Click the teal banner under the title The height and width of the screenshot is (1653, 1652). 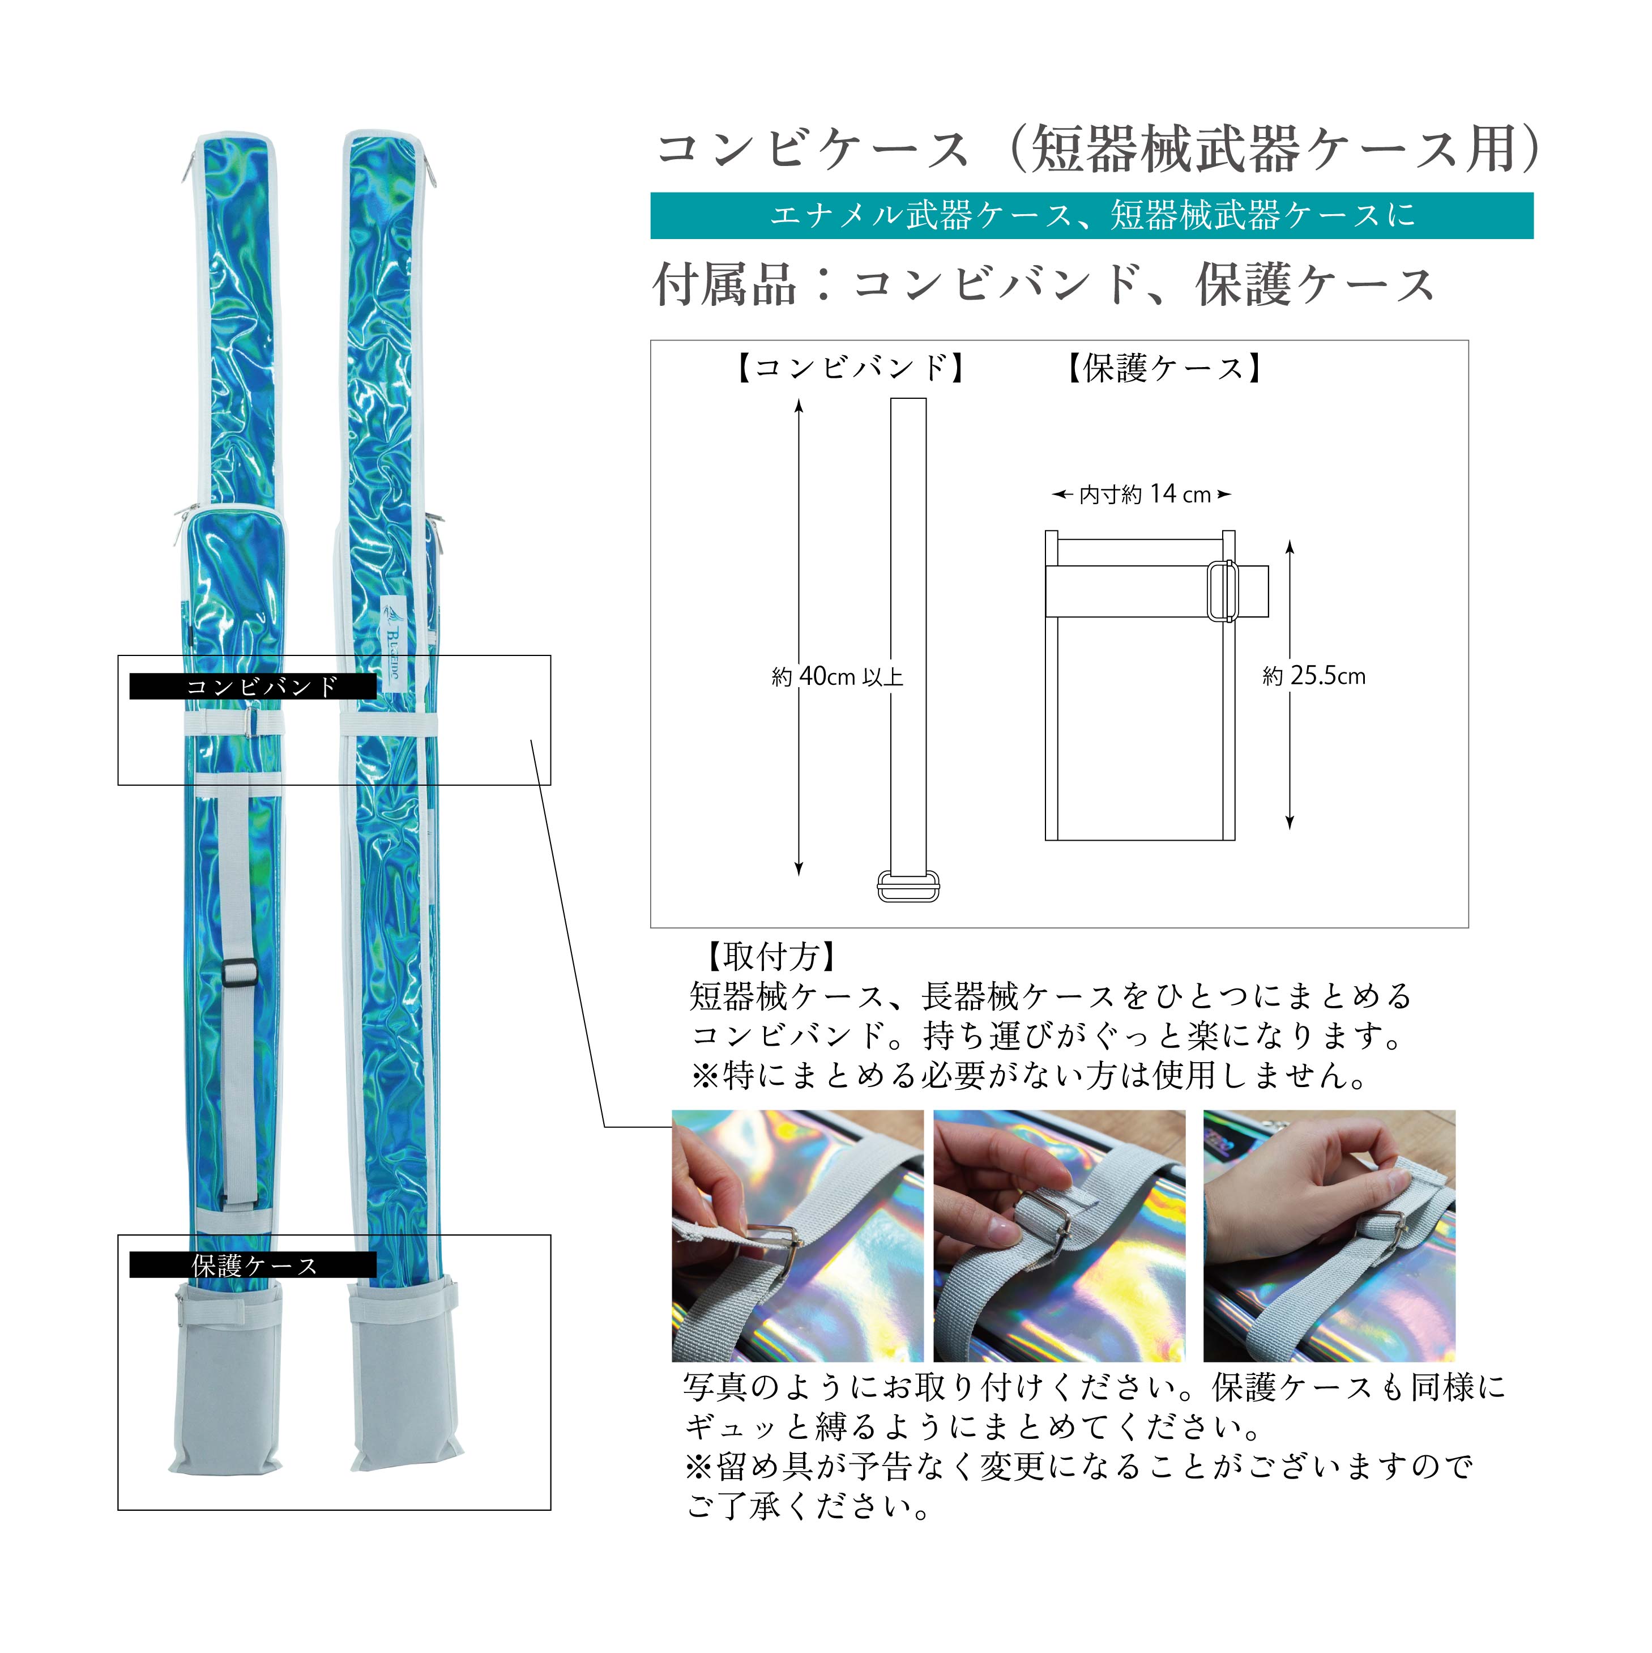[1092, 216]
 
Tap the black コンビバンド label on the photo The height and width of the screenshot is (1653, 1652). [253, 686]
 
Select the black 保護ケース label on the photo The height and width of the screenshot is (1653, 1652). [253, 1264]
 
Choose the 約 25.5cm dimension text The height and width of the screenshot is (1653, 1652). [1314, 676]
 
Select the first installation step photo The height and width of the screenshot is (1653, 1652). [797, 1236]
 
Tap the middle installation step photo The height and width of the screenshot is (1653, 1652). [1059, 1236]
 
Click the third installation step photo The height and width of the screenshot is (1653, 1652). [1329, 1236]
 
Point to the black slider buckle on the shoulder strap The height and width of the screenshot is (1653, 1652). [238, 970]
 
